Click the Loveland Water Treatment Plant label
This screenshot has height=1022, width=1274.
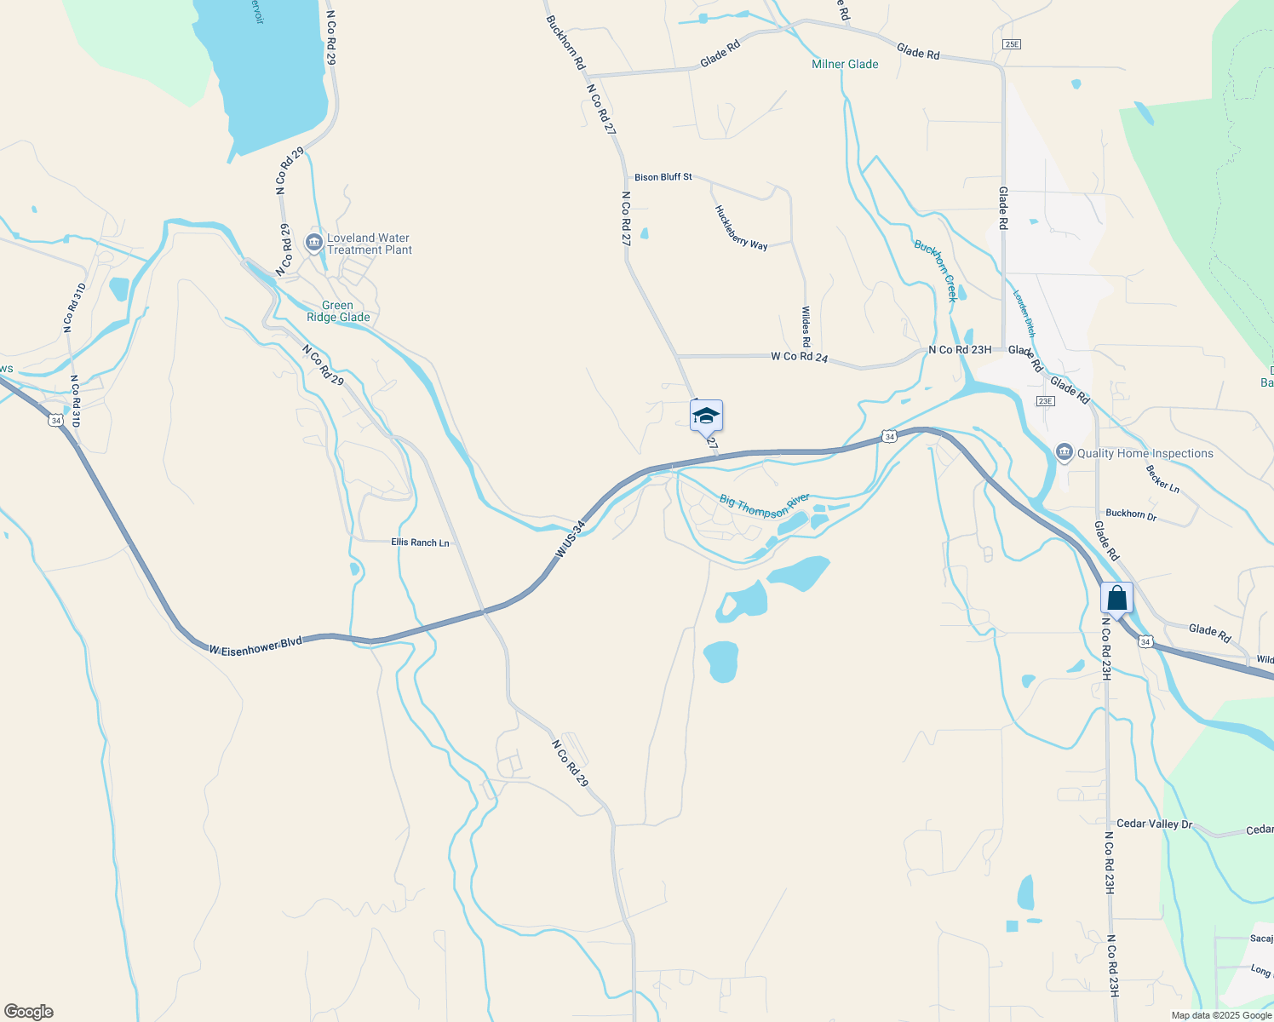(x=369, y=244)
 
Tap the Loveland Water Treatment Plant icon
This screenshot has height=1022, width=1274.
(x=313, y=244)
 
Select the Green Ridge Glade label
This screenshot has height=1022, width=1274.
(x=338, y=312)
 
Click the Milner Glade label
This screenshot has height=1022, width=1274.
(x=845, y=64)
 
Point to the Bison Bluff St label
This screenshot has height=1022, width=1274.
(x=663, y=177)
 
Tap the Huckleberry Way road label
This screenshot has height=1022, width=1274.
(x=741, y=228)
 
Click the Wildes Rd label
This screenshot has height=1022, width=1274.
(x=806, y=327)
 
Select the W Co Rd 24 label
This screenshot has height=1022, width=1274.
(x=799, y=357)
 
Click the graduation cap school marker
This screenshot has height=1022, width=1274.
(x=706, y=416)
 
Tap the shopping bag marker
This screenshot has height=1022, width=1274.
(x=1116, y=599)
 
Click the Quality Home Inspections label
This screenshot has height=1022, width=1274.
(x=1145, y=453)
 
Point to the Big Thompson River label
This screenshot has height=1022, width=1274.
(x=764, y=506)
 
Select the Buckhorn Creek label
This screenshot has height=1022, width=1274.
(x=936, y=271)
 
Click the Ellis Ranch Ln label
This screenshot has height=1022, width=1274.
(x=420, y=543)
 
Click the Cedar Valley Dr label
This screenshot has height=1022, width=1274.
(x=1154, y=824)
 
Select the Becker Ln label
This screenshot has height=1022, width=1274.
(x=1162, y=479)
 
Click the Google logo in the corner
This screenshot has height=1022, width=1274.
(x=28, y=1012)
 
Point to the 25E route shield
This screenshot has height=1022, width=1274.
(x=1011, y=43)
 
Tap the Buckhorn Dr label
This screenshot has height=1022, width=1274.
(x=1131, y=514)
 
